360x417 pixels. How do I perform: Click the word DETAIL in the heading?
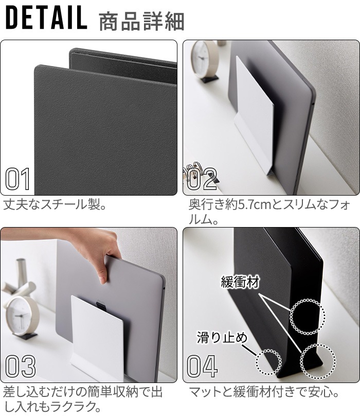46,18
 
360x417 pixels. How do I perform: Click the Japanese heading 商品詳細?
141,21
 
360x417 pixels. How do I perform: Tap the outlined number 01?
17,179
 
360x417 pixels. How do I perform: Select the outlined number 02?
202,179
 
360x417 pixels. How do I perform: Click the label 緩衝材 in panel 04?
240,282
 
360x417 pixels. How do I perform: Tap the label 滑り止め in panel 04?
222,338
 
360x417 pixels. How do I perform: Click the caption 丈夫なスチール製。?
55,205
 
